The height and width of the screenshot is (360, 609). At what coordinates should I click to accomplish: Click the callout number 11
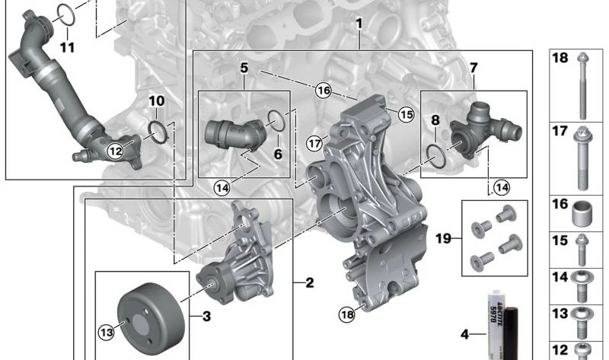67,47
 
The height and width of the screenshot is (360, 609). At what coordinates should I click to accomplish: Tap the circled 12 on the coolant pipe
116,151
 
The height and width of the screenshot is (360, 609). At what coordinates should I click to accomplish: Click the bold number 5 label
244,68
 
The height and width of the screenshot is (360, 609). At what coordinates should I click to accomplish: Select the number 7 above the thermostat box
473,68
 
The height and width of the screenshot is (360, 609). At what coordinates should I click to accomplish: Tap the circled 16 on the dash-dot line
323,91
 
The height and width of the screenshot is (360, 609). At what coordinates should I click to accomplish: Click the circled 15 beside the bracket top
406,114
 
